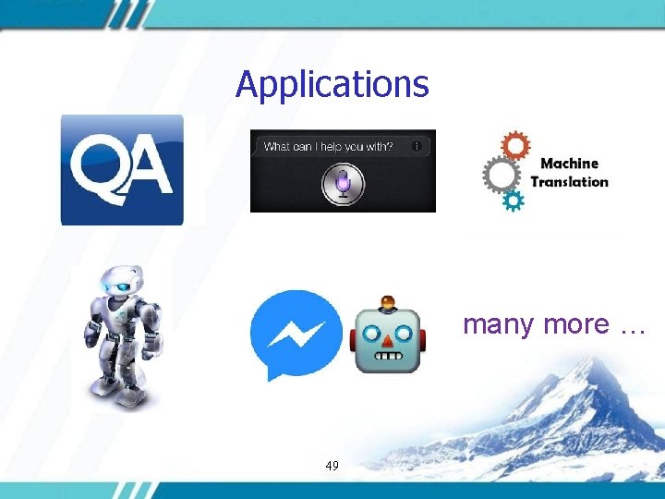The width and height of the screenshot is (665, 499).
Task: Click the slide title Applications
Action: click(x=332, y=84)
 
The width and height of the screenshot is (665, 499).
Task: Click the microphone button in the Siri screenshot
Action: click(x=343, y=185)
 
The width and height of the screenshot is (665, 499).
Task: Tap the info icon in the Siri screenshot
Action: click(x=417, y=146)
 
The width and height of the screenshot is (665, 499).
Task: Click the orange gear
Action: click(x=514, y=146)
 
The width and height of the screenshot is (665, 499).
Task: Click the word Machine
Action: click(x=569, y=164)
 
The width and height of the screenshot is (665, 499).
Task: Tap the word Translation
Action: click(x=569, y=181)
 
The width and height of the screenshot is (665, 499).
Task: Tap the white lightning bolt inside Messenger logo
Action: click(x=296, y=330)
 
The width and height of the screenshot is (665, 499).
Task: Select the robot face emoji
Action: click(x=388, y=336)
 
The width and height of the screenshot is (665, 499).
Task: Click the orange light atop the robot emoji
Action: click(x=388, y=302)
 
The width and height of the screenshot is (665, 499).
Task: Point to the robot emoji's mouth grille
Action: click(x=388, y=356)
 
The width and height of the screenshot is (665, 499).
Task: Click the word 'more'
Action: click(x=576, y=325)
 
